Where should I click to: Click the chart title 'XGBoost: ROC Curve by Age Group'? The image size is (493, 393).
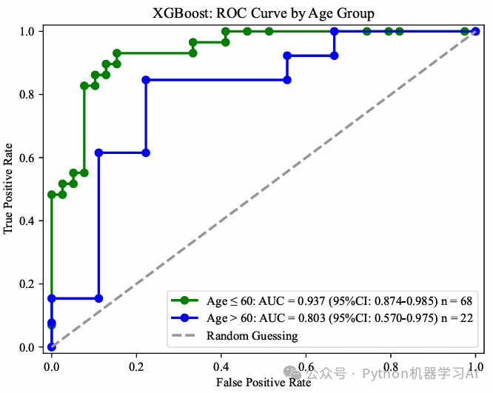(263, 13)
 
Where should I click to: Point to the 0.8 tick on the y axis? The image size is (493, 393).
(27, 95)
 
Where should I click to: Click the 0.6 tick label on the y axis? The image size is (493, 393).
(27, 158)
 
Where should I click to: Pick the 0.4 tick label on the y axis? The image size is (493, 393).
(27, 221)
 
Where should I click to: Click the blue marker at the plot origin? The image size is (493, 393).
(52, 346)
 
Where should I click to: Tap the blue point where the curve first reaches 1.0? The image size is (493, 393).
(335, 32)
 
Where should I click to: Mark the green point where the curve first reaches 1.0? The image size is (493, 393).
(225, 32)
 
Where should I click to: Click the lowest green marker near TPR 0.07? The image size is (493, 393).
(52, 325)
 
